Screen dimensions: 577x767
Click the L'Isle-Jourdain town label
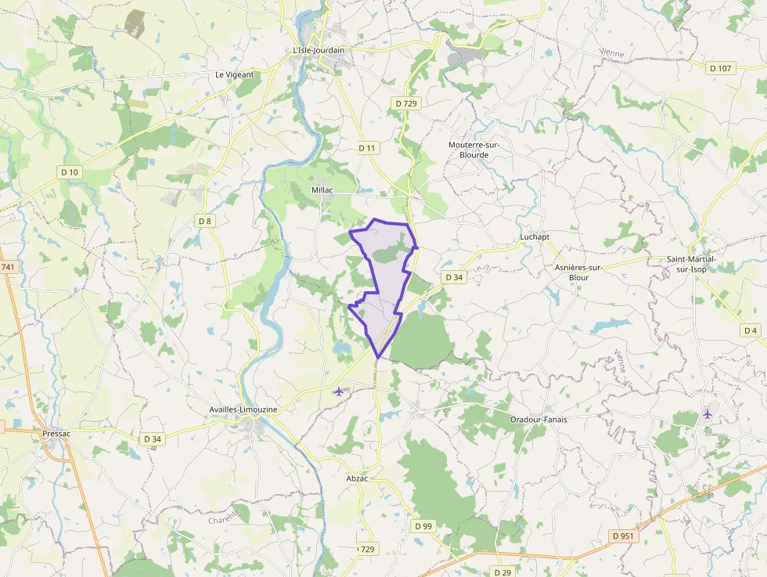click(x=318, y=50)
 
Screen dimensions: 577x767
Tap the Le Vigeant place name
click(x=235, y=75)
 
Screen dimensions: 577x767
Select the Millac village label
click(x=322, y=190)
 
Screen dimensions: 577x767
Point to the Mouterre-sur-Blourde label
click(x=474, y=150)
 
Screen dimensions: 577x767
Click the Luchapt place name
click(x=535, y=236)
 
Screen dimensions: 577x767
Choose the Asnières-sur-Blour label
click(x=578, y=272)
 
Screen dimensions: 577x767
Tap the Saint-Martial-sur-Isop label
click(x=691, y=263)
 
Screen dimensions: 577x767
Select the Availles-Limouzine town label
click(x=243, y=409)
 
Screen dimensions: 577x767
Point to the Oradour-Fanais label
click(x=538, y=419)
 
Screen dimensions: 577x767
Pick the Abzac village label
click(x=357, y=478)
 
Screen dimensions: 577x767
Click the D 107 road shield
click(x=720, y=68)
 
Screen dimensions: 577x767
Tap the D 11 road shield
click(x=367, y=147)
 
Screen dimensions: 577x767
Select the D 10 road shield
click(x=69, y=171)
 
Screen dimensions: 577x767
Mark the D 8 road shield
click(x=204, y=221)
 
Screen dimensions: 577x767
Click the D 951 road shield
click(x=624, y=536)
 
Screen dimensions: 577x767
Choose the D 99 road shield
click(x=423, y=525)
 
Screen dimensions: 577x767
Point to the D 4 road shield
click(x=750, y=330)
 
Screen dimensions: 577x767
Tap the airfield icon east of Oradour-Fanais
click(x=708, y=413)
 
